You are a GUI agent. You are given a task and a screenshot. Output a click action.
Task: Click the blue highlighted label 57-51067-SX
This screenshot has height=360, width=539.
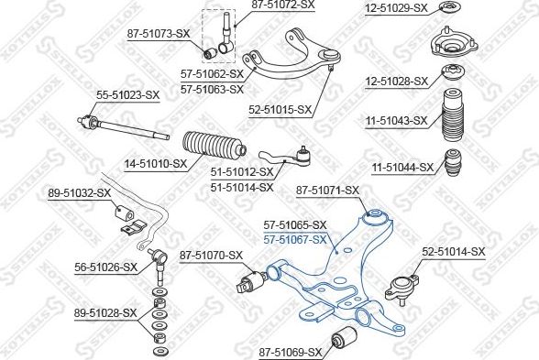click(x=294, y=239)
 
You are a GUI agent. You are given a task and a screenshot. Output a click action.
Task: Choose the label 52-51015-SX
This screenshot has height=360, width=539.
click(x=280, y=109)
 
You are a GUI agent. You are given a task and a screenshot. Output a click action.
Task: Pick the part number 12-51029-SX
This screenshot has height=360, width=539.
click(x=396, y=8)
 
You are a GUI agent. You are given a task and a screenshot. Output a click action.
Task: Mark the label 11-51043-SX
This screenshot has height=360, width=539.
click(x=396, y=120)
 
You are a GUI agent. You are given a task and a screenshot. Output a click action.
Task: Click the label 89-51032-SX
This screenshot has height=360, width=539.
click(x=79, y=193)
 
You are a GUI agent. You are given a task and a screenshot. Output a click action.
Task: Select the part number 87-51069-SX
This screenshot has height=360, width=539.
click(x=290, y=352)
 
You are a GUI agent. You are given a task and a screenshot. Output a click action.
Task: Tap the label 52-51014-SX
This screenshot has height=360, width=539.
click(x=453, y=250)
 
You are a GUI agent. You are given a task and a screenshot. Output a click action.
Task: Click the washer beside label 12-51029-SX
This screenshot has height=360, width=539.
click(x=450, y=9)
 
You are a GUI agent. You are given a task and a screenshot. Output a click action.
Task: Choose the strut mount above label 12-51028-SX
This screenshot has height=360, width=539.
click(x=450, y=45)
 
